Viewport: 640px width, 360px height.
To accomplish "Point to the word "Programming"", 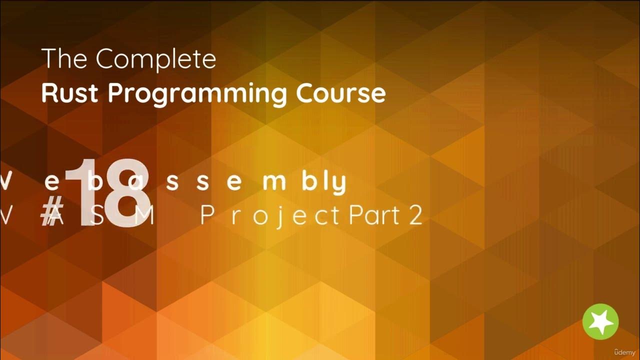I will point(198,94).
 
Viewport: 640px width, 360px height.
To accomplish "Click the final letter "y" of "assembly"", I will point(338,184).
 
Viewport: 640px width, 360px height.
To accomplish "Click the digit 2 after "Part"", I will point(415,216).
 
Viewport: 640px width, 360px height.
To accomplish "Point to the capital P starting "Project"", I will point(208,216).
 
